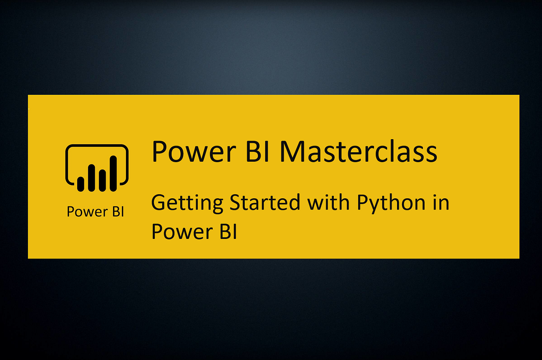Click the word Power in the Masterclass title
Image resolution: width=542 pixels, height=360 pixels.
194,151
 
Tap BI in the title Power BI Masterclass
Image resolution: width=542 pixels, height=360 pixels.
257,151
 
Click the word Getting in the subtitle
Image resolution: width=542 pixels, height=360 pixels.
187,203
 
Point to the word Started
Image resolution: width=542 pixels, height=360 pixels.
265,202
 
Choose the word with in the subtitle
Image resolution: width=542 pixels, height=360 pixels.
328,202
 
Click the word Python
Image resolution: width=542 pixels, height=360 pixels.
391,203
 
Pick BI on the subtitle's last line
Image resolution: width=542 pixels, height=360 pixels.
228,232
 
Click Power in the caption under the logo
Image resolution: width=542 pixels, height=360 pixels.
87,211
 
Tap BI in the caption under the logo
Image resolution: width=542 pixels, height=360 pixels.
118,211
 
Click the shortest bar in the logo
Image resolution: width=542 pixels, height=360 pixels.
80,184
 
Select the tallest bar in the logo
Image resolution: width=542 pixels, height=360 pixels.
113,173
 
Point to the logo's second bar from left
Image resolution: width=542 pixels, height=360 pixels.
91,178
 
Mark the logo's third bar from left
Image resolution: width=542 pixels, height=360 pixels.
103,181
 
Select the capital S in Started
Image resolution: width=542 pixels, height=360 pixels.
235,202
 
